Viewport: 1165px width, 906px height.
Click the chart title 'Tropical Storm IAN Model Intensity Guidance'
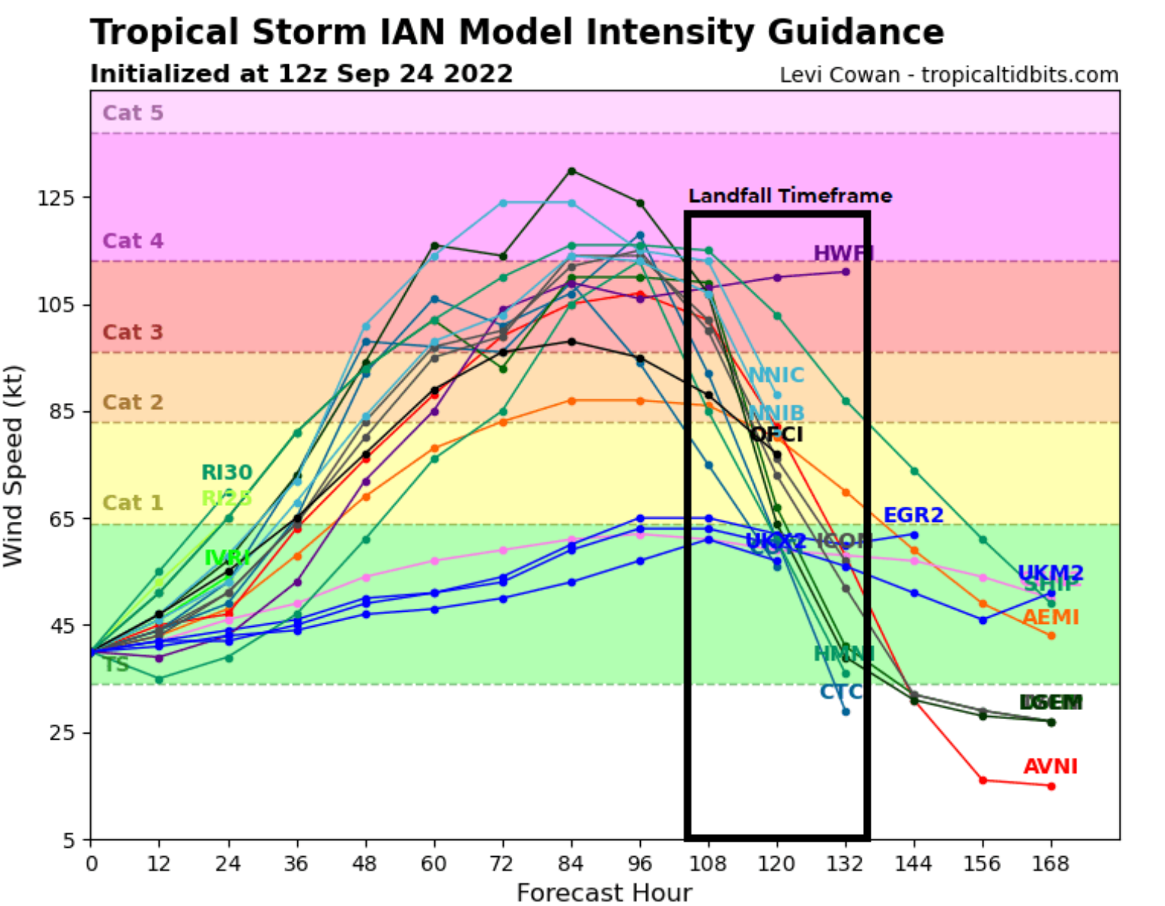517,33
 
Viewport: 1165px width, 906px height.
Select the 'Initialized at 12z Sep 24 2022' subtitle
301,74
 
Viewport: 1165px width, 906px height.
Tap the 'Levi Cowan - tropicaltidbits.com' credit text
949,76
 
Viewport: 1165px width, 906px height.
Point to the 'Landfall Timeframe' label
790,196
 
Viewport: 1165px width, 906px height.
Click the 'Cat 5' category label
133,113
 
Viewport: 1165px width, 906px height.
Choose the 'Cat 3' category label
133,332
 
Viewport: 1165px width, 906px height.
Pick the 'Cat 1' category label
133,502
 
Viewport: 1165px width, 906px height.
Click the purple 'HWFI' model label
842,253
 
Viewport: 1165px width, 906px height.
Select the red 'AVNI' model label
1050,766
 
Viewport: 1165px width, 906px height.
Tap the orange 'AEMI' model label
1050,617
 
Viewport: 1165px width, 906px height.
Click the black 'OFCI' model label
776,434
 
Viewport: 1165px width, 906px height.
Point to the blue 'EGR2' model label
913,515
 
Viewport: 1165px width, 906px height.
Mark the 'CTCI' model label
840,691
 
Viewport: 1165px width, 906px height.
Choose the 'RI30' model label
226,473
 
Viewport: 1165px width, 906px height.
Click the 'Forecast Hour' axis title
604,892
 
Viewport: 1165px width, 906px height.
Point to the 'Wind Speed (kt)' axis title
14,465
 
